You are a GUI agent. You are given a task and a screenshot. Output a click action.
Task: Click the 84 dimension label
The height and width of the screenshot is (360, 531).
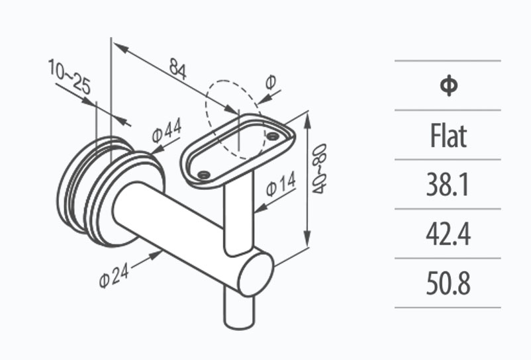point(177,67)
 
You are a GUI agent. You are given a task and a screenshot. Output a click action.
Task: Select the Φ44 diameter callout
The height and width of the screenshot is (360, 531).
point(166,131)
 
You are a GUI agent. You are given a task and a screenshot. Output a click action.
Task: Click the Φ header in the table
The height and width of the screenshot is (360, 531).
point(448,85)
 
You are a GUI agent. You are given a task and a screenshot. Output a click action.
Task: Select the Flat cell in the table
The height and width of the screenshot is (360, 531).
point(448,136)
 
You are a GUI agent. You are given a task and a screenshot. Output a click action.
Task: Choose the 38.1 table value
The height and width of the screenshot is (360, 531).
point(448,185)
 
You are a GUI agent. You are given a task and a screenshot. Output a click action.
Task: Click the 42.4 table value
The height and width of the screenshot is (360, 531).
point(448,234)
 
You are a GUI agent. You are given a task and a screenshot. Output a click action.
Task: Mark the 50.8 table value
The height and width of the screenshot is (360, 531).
point(448,284)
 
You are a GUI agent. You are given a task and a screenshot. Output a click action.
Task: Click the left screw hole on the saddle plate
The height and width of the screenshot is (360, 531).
point(203,175)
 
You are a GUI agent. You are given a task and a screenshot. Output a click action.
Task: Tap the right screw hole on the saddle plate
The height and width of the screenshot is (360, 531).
point(271,136)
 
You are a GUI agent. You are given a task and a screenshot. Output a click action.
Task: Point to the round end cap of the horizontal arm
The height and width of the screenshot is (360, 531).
point(256,273)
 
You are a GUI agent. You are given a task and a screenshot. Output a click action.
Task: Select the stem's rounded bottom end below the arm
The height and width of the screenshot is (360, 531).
point(238,322)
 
